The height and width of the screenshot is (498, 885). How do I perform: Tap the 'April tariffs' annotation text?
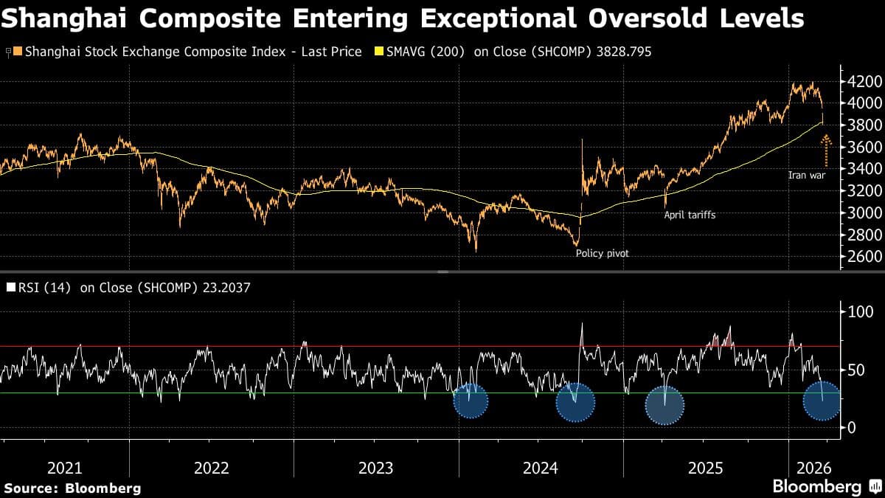click(690, 215)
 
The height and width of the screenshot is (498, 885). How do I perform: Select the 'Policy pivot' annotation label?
click(602, 253)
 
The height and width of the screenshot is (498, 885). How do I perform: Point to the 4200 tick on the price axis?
click(861, 81)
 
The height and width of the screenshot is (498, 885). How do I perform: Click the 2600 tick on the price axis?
click(861, 257)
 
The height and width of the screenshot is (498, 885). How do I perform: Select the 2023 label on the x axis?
click(376, 468)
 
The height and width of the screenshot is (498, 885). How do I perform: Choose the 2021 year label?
click(65, 468)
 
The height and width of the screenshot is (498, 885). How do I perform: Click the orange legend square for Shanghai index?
click(18, 52)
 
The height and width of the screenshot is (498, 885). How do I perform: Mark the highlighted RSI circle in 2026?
click(821, 401)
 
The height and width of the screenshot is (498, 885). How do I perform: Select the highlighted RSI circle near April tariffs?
click(664, 405)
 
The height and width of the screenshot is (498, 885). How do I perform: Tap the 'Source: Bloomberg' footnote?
click(72, 488)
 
